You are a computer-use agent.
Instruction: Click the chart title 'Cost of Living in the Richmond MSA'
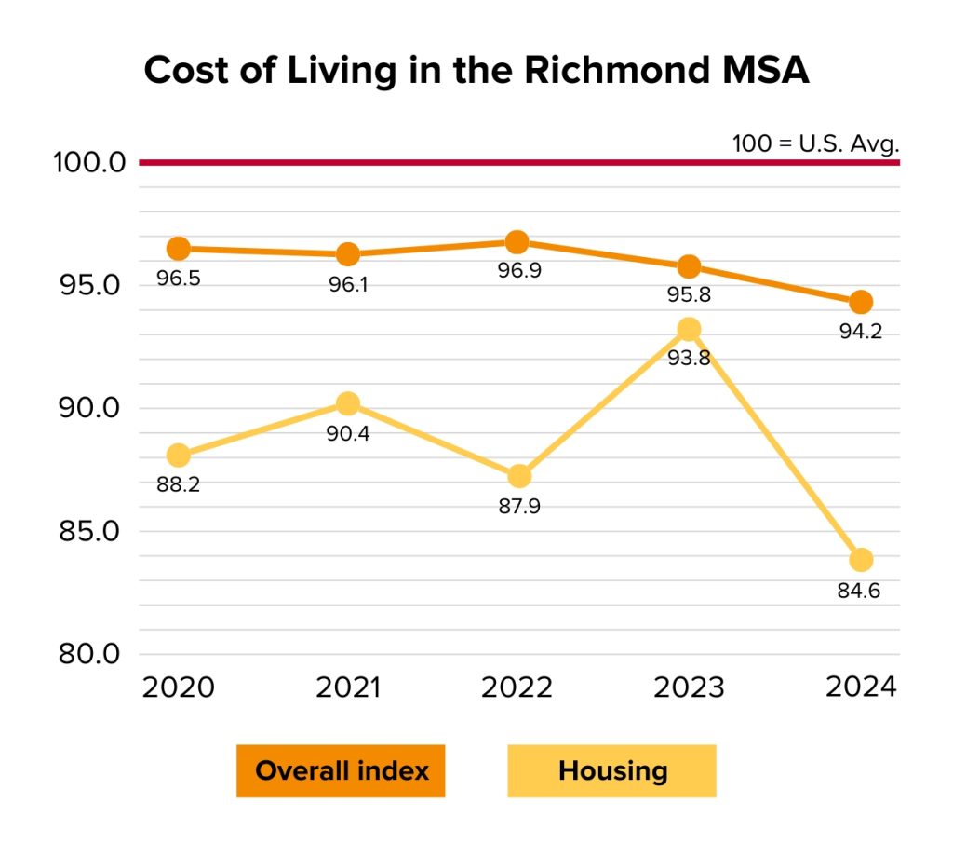coord(476,72)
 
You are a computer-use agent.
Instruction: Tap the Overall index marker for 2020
coord(178,249)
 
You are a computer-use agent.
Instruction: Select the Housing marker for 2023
coord(689,329)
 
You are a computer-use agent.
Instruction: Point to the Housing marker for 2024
coord(861,560)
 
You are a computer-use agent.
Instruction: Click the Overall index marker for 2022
coord(517,242)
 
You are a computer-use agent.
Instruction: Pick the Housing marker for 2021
coord(348,403)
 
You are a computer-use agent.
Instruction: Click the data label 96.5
coord(178,279)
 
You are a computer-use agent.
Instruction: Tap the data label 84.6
coord(859,591)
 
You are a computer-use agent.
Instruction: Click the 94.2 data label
coord(859,332)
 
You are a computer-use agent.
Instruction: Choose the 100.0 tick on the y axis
coord(89,163)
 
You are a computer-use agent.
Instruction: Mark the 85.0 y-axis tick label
coord(89,532)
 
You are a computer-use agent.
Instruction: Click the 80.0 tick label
coord(89,654)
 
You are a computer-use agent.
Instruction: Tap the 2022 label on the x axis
coord(517,688)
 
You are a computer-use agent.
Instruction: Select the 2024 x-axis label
coord(861,688)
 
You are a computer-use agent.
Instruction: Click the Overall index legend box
coord(341,771)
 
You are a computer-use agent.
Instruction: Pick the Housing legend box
coord(611,771)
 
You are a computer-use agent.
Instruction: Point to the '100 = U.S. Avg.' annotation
coord(816,144)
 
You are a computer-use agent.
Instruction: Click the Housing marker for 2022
coord(519,476)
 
